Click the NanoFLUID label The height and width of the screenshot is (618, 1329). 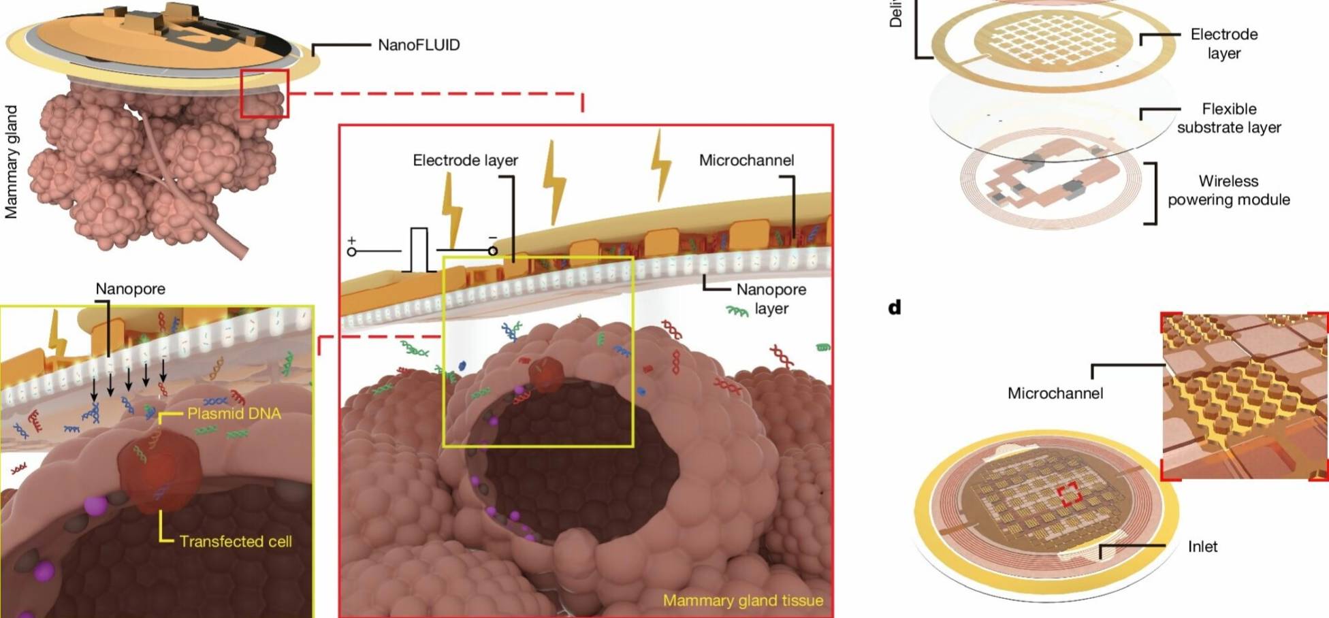pos(419,45)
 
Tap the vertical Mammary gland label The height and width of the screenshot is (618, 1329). pos(11,162)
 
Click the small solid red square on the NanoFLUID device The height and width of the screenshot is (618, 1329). pos(264,93)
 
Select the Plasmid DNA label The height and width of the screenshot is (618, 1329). pos(234,414)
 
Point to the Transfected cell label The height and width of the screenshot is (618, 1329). pos(236,542)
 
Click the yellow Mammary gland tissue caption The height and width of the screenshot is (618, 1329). pos(743,600)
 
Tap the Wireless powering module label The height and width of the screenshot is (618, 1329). pos(1228,191)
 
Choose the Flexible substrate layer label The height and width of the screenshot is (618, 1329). pos(1229,118)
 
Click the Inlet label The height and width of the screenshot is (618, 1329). pos(1202,547)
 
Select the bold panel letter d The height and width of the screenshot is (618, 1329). pos(895,308)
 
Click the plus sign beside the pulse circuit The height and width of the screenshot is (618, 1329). pos(351,240)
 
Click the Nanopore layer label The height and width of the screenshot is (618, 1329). pos(771,299)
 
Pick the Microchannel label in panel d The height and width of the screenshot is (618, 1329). pos(1055,393)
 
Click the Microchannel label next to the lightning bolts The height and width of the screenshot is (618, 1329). pos(746,161)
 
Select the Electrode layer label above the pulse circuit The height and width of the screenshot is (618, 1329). pos(465,161)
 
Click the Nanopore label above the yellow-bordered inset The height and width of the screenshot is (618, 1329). pos(130,289)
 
